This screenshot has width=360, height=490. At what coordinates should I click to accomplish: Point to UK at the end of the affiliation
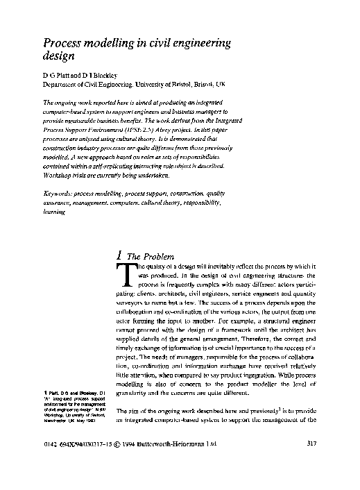(221, 83)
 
